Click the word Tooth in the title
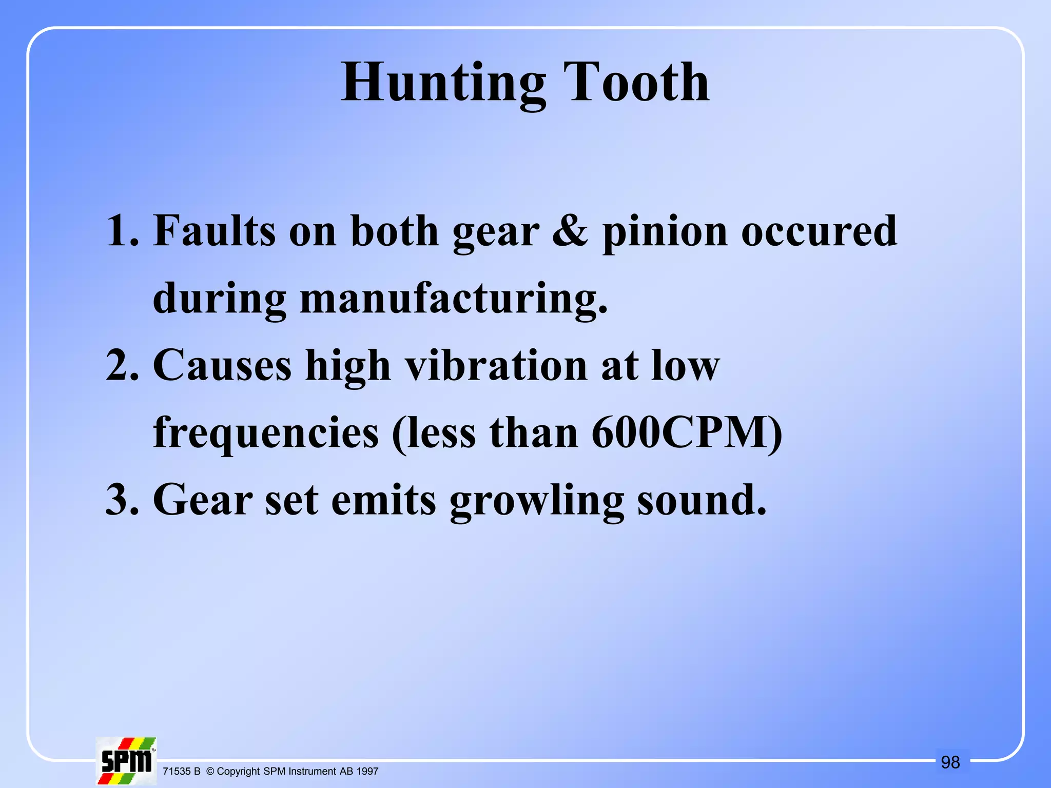pos(636,82)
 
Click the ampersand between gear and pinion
pos(570,231)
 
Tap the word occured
pos(819,231)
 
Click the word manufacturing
pos(454,299)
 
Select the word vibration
pos(496,365)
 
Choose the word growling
pos(537,501)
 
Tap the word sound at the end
pos(701,500)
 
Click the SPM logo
pos(126,761)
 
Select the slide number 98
pos(950,762)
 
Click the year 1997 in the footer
pos(367,771)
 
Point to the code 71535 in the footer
pos(177,771)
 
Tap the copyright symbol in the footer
pos(210,771)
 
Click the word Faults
pos(214,231)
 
